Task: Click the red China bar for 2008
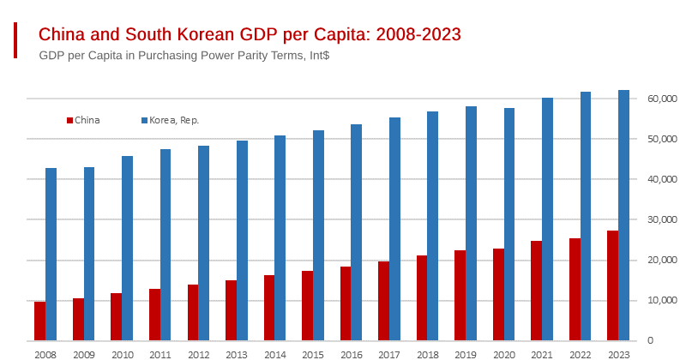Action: tap(39, 321)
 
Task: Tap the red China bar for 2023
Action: tap(612, 285)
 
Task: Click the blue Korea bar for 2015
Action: tap(318, 236)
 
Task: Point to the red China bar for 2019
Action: tap(460, 296)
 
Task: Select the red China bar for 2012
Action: tap(192, 313)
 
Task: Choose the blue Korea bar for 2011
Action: tap(165, 245)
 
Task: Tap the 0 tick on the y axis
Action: tap(650, 341)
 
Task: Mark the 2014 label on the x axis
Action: tap(274, 354)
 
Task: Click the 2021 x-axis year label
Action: tap(542, 354)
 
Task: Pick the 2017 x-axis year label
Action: tap(389, 354)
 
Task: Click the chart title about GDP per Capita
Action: tap(250, 34)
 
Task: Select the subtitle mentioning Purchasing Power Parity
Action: tap(184, 55)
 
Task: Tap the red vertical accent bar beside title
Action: tap(15, 40)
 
